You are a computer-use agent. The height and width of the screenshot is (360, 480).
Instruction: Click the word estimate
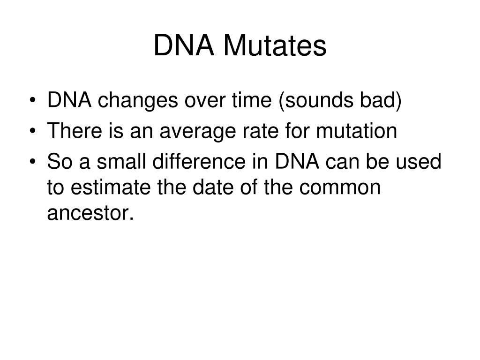[104, 188]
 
